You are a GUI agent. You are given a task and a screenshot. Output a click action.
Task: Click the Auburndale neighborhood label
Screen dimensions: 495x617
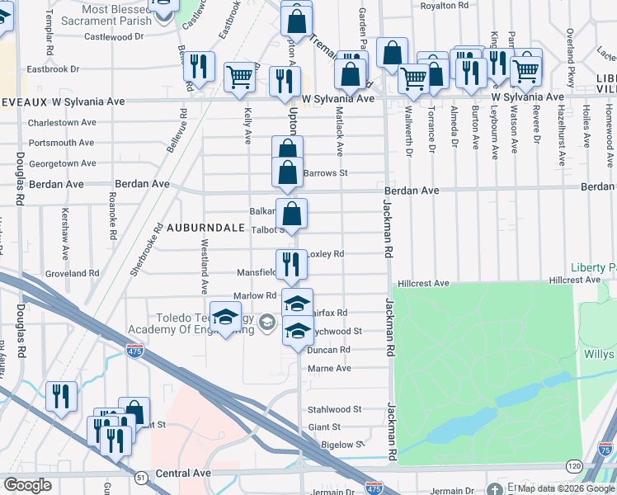coord(204,226)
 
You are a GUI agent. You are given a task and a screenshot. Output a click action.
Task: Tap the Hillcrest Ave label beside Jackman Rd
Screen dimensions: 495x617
coord(423,284)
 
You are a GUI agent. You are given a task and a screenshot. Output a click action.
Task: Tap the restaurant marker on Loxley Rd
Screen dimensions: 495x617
coord(291,265)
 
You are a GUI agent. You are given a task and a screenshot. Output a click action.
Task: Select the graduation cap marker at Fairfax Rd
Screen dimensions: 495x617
coord(298,303)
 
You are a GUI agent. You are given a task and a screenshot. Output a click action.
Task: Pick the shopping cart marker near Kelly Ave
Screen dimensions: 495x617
coord(240,78)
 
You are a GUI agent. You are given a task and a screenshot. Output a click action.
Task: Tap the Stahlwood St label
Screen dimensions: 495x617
coord(334,409)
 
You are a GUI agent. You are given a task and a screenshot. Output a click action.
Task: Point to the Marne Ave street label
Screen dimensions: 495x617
coord(329,369)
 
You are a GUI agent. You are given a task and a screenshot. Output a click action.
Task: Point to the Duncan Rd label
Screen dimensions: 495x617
coord(328,350)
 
